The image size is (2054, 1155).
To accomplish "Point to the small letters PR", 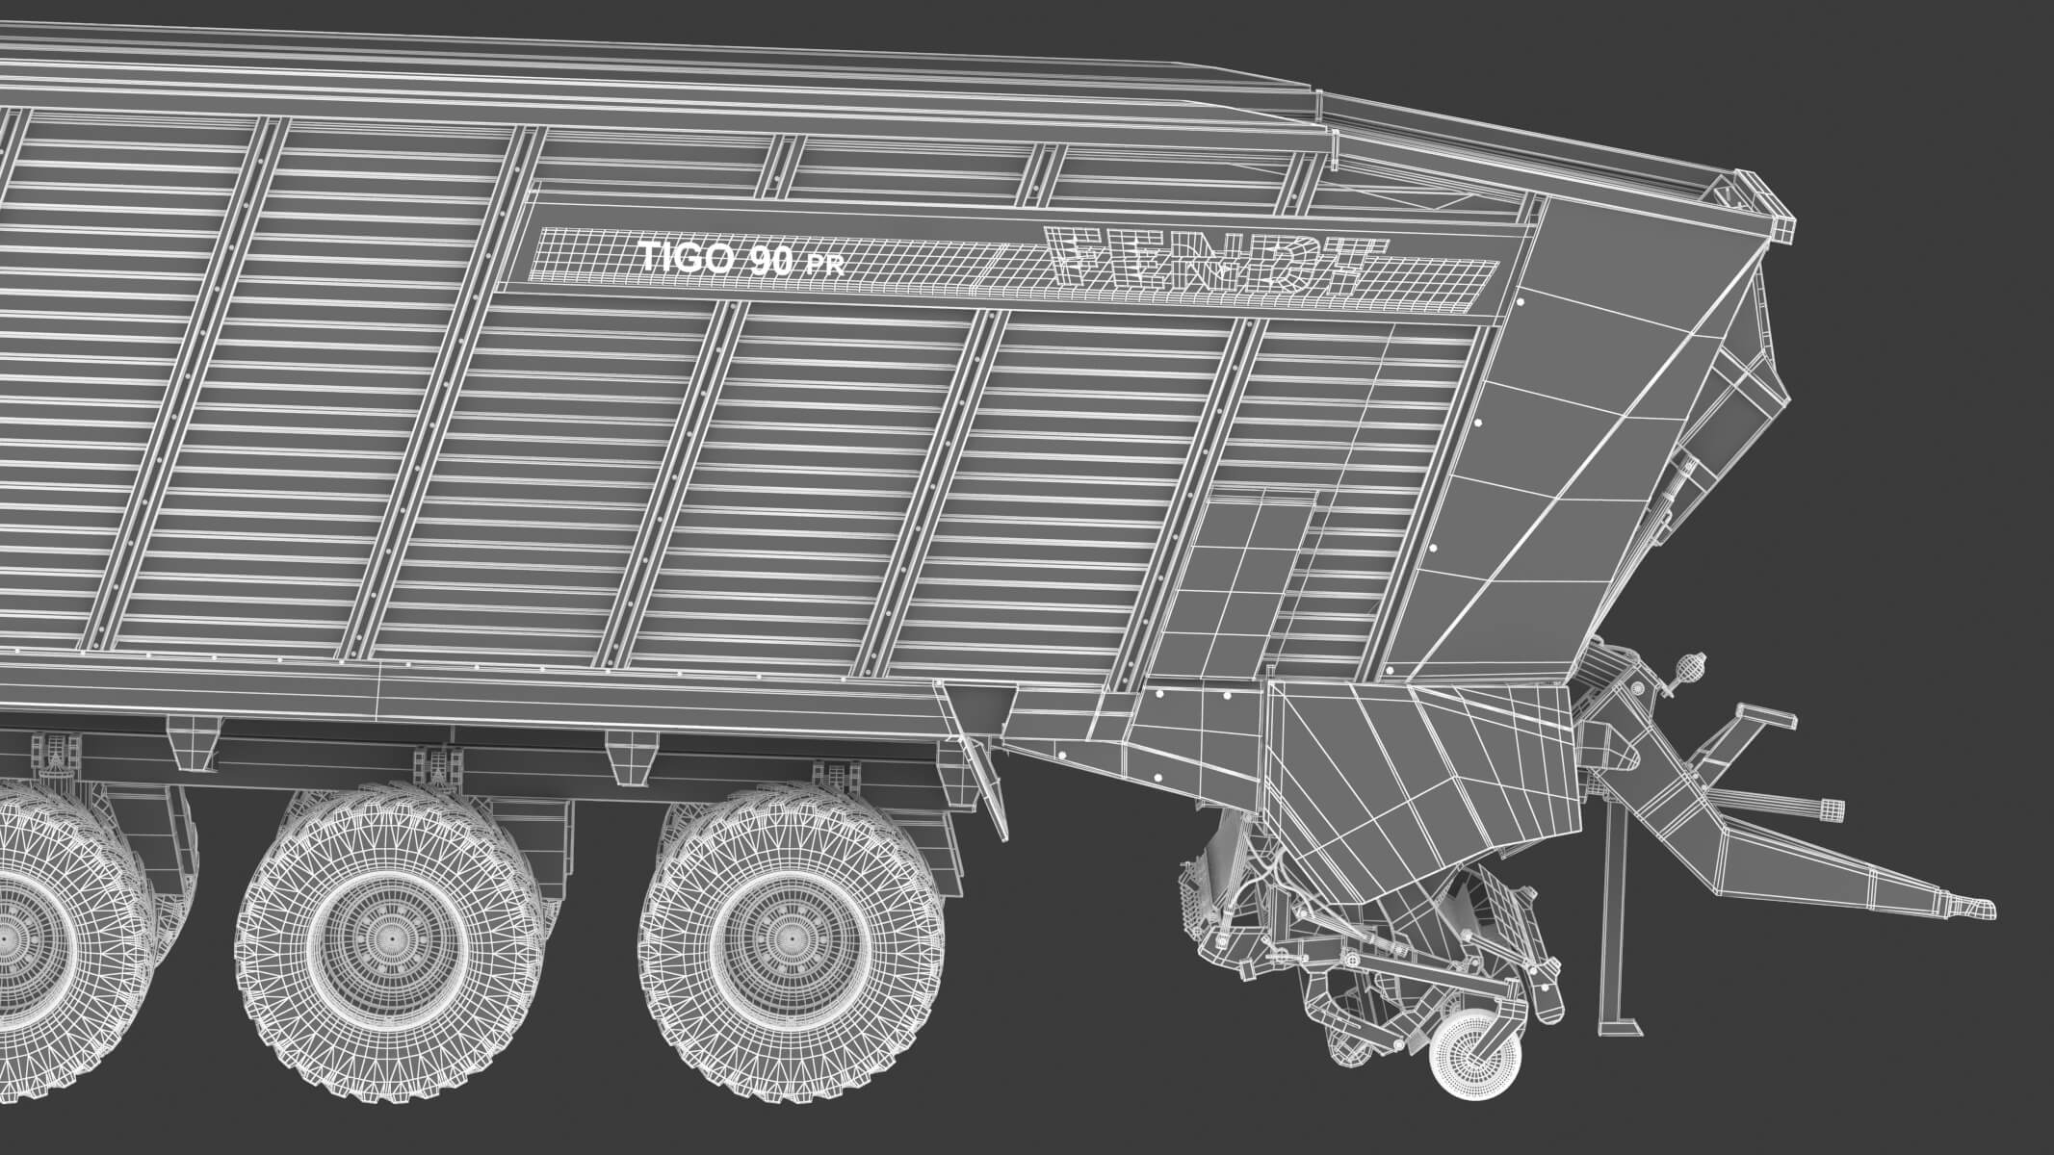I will click(825, 266).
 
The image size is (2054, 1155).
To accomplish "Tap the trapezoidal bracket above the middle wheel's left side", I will click(194, 741).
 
